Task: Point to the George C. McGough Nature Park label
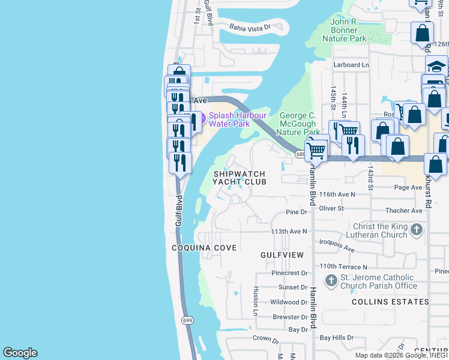pos(300,124)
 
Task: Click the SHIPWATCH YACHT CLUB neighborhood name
pos(240,178)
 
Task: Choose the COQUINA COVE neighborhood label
pos(204,248)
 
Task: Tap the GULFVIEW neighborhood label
pos(282,255)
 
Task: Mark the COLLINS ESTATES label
pos(390,302)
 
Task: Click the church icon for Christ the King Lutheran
pos(416,229)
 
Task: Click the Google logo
pos(20,353)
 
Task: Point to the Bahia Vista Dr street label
pos(251,27)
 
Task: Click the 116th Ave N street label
pos(337,194)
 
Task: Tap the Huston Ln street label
pos(255,301)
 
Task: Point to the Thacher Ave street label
pos(405,211)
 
